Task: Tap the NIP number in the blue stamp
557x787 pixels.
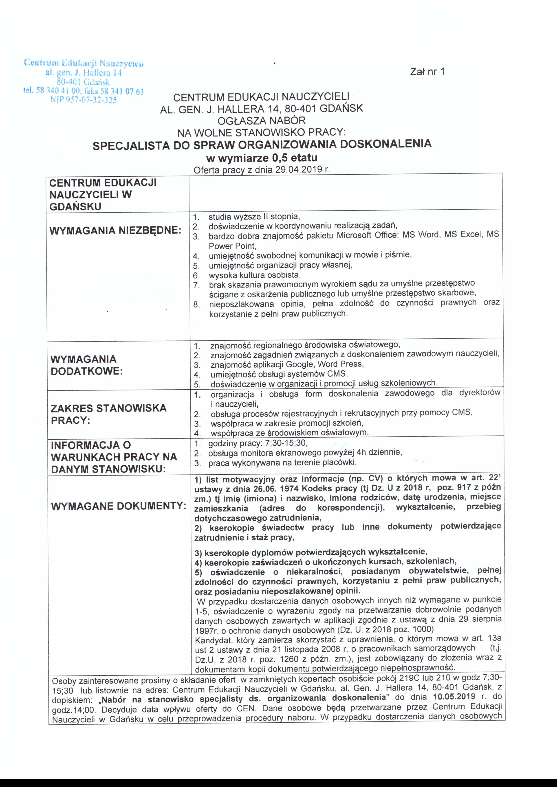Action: coord(83,100)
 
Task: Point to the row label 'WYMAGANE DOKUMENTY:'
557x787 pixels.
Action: coord(118,506)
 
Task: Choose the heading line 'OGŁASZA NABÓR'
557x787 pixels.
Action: coord(261,121)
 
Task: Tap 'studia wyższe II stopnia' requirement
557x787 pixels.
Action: coord(254,217)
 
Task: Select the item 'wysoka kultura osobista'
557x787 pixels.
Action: coord(255,275)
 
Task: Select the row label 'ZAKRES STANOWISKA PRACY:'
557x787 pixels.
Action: coord(108,414)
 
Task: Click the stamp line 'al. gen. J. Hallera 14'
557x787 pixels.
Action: coord(83,73)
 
